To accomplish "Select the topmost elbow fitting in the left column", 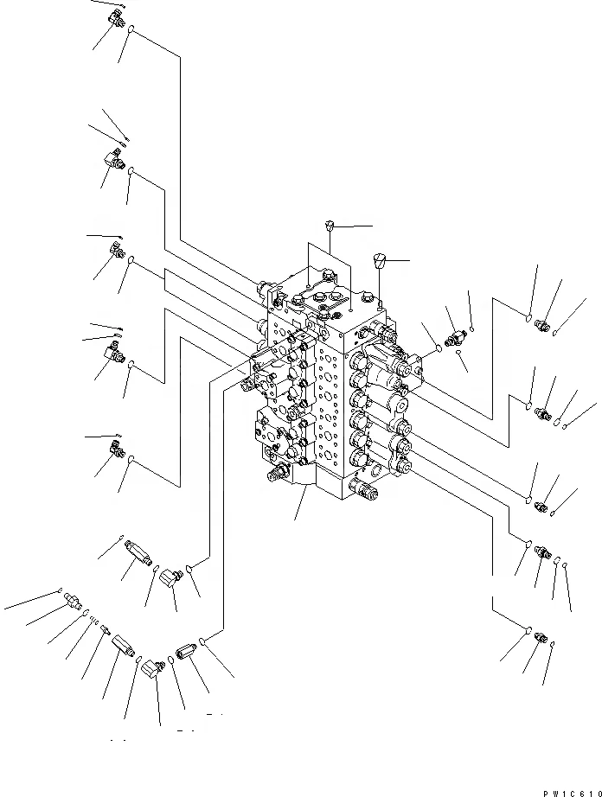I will point(115,18).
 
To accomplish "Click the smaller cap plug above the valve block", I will point(329,226).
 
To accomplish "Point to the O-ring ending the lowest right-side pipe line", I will point(528,628).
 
